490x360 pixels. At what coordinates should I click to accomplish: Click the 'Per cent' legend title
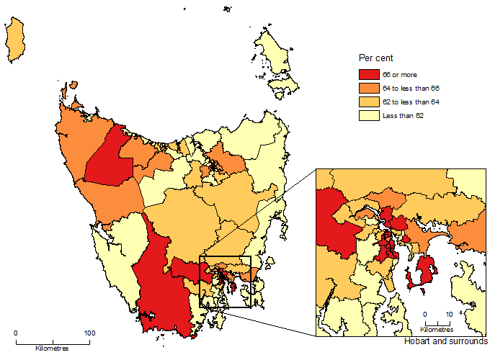tap(375, 57)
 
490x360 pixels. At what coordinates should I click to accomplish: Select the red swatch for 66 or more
tap(367, 73)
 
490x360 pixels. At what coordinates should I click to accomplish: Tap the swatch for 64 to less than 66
tap(367, 88)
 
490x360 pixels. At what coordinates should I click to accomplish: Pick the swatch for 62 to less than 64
tap(367, 102)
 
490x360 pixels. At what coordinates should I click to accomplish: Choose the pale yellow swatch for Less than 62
tap(367, 116)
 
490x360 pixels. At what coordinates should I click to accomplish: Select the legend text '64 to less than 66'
tap(411, 88)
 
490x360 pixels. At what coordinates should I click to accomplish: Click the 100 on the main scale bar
tap(90, 333)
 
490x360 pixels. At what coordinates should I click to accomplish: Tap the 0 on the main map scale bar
tap(16, 333)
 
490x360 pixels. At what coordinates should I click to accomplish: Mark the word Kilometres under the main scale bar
tap(52, 348)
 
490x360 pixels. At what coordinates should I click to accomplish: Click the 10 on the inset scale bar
tap(449, 314)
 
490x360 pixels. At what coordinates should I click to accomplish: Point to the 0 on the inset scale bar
tap(425, 314)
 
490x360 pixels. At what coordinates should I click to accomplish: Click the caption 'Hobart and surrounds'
tap(446, 341)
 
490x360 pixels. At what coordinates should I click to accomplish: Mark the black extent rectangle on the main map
tap(225, 257)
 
